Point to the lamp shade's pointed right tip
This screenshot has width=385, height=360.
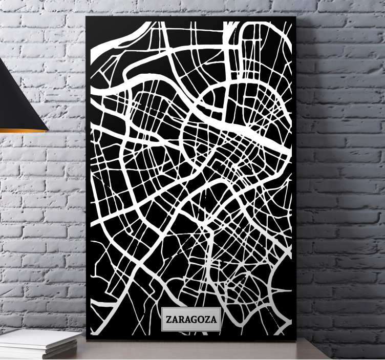coord(47,129)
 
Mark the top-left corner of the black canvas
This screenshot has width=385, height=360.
coord(87,17)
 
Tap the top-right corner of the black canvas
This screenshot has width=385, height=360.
coord(296,17)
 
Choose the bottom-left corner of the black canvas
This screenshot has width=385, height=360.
coord(87,340)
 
